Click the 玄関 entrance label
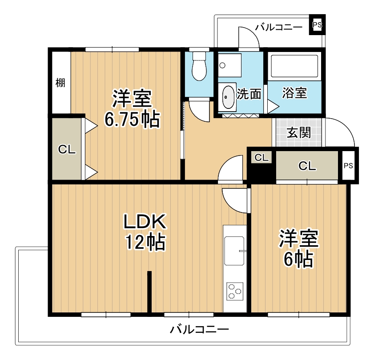coord(299,132)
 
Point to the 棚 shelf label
coord(60,83)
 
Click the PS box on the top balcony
coord(317,25)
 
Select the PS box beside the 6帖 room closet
coord(348,166)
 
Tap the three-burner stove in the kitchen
coord(234,291)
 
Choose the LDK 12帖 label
coord(145,231)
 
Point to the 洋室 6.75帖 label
coord(132,109)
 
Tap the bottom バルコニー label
coord(199,330)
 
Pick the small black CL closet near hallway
coord(261,158)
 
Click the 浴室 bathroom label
coord(294,93)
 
